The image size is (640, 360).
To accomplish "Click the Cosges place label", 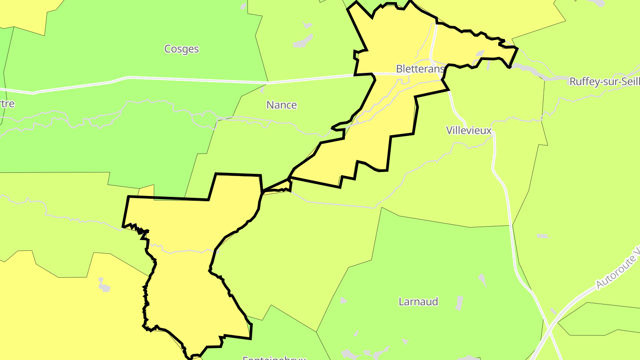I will [181, 49].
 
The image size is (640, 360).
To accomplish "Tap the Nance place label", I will [281, 105].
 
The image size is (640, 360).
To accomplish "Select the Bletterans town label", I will [420, 69].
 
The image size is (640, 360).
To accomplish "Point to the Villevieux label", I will [469, 130].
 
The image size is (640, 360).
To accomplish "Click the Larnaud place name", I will [418, 302].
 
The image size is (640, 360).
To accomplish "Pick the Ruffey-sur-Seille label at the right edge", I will [604, 82].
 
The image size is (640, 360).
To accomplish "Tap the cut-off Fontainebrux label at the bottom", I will [274, 357].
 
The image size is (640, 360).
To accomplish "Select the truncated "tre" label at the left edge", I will [8, 104].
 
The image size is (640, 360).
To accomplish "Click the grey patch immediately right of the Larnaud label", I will [459, 303].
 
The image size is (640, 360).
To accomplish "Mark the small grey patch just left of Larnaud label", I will [343, 301].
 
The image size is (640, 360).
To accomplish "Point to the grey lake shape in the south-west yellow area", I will [104, 285].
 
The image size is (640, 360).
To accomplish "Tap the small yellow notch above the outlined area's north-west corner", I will [147, 191].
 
